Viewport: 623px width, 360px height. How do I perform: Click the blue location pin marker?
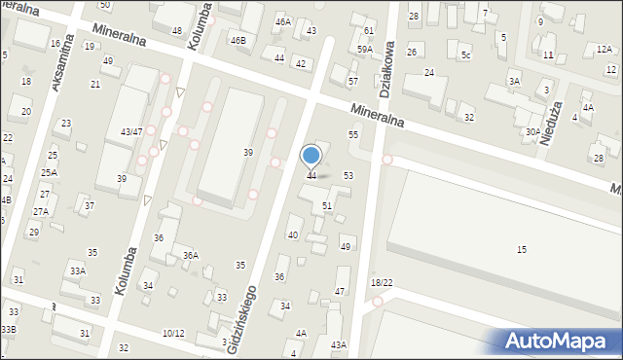pyautogui.click(x=311, y=156)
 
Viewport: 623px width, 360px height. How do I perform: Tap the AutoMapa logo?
pyautogui.click(x=558, y=341)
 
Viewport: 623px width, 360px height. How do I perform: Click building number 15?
pyautogui.click(x=522, y=250)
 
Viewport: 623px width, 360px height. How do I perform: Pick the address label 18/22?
pyautogui.click(x=382, y=282)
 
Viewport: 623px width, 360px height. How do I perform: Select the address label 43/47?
pyautogui.click(x=131, y=131)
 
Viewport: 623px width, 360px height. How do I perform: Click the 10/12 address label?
pyautogui.click(x=173, y=334)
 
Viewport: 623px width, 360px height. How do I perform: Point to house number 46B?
pyautogui.click(x=238, y=41)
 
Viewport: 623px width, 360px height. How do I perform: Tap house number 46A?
pyautogui.click(x=282, y=21)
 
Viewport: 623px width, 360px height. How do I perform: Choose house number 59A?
pyautogui.click(x=365, y=49)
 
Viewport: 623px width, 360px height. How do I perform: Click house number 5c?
pyautogui.click(x=465, y=55)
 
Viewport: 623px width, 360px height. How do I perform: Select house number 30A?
pyautogui.click(x=532, y=131)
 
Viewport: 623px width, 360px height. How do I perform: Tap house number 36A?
pyautogui.click(x=191, y=256)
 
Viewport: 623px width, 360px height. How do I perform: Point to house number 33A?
pyautogui.click(x=77, y=270)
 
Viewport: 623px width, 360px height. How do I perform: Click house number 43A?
pyautogui.click(x=338, y=344)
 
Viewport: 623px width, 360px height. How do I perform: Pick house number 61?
pyautogui.click(x=369, y=31)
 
